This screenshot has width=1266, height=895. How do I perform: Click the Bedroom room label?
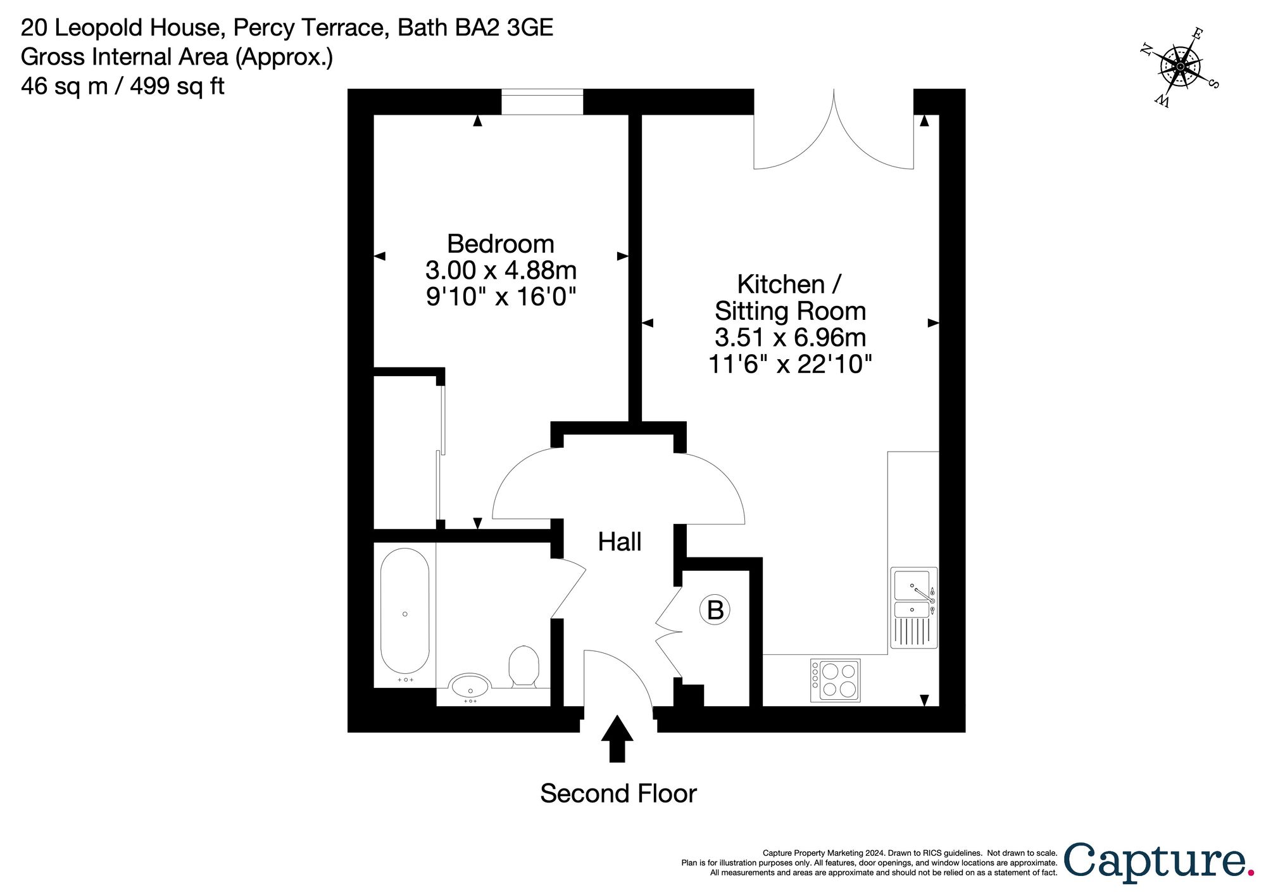tap(500, 244)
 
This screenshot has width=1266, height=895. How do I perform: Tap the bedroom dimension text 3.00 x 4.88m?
tap(500, 270)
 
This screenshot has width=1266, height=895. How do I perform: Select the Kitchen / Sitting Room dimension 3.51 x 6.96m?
tap(790, 338)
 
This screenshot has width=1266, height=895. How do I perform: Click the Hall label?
tap(620, 542)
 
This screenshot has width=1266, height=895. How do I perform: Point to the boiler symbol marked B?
tap(715, 610)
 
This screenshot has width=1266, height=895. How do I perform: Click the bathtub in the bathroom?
tap(404, 611)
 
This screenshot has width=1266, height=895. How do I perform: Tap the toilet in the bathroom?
tap(523, 665)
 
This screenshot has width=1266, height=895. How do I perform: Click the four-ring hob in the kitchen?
tap(836, 680)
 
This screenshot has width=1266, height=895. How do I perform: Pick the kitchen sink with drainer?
tap(913, 607)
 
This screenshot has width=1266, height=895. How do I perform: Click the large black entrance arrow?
tap(617, 738)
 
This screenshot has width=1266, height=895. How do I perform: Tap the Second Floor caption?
tap(618, 794)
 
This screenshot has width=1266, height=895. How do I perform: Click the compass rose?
tap(1181, 67)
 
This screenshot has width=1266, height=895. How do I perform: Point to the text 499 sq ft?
tap(177, 86)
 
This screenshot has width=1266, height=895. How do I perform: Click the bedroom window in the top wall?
tap(542, 102)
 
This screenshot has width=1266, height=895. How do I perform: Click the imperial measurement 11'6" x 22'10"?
tap(790, 365)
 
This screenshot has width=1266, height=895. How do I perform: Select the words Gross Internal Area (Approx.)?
tap(177, 57)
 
